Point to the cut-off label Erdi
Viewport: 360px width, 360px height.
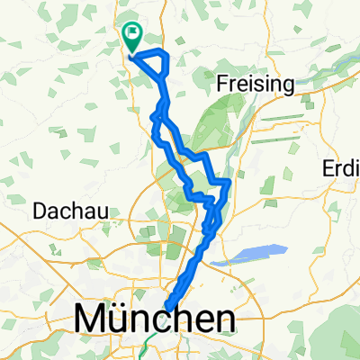[x=341, y=170]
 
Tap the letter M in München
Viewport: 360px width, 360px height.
[x=92, y=319]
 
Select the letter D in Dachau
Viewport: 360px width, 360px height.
[x=40, y=211]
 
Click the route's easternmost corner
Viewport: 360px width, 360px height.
[x=229, y=183]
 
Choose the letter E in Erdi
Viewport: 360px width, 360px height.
[x=328, y=170]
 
